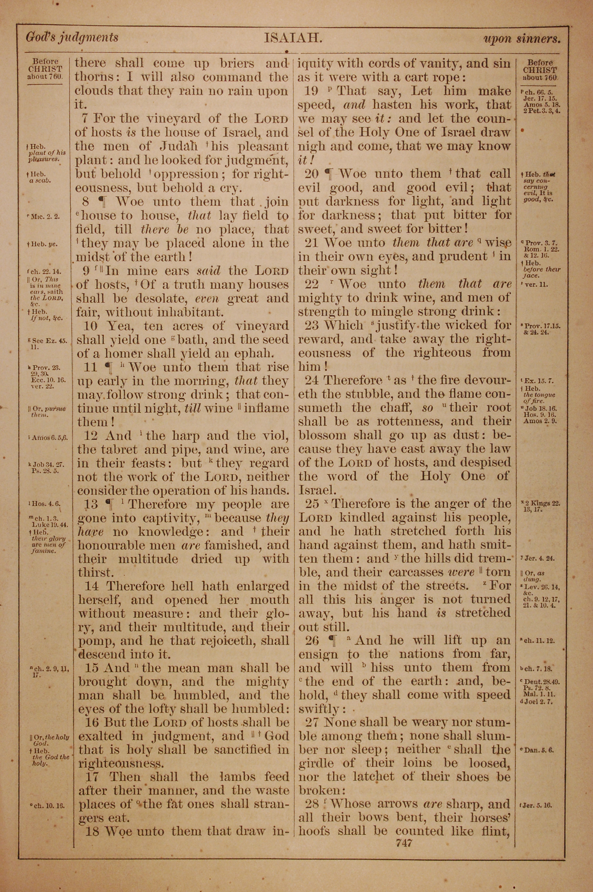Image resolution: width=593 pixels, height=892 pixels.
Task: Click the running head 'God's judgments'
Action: (72, 37)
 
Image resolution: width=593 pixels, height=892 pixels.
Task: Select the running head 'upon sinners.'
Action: (522, 39)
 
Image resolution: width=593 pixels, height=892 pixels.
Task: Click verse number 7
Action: (85, 119)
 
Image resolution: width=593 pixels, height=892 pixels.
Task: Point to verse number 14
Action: (92, 586)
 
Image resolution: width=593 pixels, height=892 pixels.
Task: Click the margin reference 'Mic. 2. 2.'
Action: (45, 217)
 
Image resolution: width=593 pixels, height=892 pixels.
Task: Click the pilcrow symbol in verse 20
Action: (330, 174)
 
